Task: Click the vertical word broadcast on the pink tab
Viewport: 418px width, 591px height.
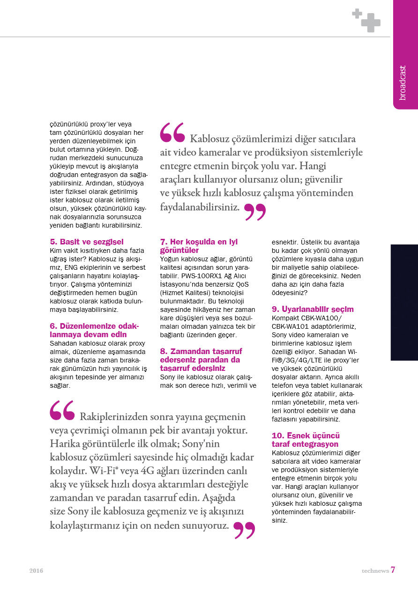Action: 403,82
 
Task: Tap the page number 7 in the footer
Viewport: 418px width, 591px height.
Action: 393,570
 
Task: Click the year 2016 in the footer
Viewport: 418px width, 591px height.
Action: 36,571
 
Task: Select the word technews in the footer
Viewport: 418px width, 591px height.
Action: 375,571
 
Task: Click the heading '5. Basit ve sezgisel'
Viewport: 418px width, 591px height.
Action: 87,242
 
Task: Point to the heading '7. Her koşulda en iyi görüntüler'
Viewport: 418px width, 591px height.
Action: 199,246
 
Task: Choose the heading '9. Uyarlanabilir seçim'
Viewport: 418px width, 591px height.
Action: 313,309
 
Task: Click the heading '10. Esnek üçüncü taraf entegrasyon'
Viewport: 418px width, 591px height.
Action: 306,440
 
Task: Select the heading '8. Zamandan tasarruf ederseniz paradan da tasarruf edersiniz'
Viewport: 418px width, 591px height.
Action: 201,360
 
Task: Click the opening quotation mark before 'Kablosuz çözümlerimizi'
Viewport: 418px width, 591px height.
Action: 172,133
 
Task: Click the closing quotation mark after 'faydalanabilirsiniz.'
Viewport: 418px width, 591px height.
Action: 255,212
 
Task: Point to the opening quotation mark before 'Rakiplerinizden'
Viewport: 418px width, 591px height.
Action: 62,410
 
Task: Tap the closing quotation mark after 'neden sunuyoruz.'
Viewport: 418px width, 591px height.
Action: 244,530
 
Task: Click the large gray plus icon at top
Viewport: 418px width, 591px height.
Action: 371,23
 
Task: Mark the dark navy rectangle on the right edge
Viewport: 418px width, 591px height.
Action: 404,302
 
